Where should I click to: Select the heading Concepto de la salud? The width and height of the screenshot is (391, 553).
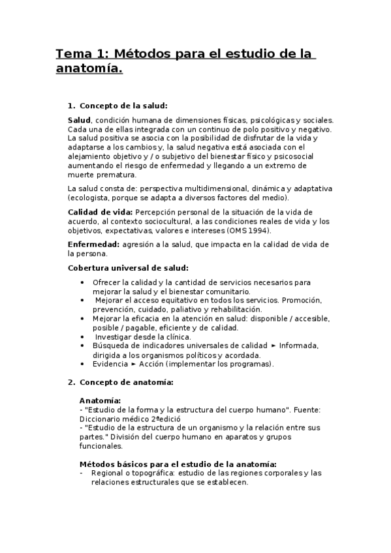123,105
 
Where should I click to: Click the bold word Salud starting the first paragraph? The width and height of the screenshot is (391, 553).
79,120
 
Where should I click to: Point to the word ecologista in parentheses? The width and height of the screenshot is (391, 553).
90,198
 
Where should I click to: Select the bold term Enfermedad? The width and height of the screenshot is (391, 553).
91,244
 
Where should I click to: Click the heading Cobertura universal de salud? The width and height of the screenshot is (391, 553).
128,268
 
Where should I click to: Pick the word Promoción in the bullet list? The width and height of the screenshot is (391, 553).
303,300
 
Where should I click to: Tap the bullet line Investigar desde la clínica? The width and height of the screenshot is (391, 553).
135,336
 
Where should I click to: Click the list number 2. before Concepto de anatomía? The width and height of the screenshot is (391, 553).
72,381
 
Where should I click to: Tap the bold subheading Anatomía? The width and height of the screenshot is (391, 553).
99,400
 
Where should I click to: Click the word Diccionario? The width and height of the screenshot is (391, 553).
101,418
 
